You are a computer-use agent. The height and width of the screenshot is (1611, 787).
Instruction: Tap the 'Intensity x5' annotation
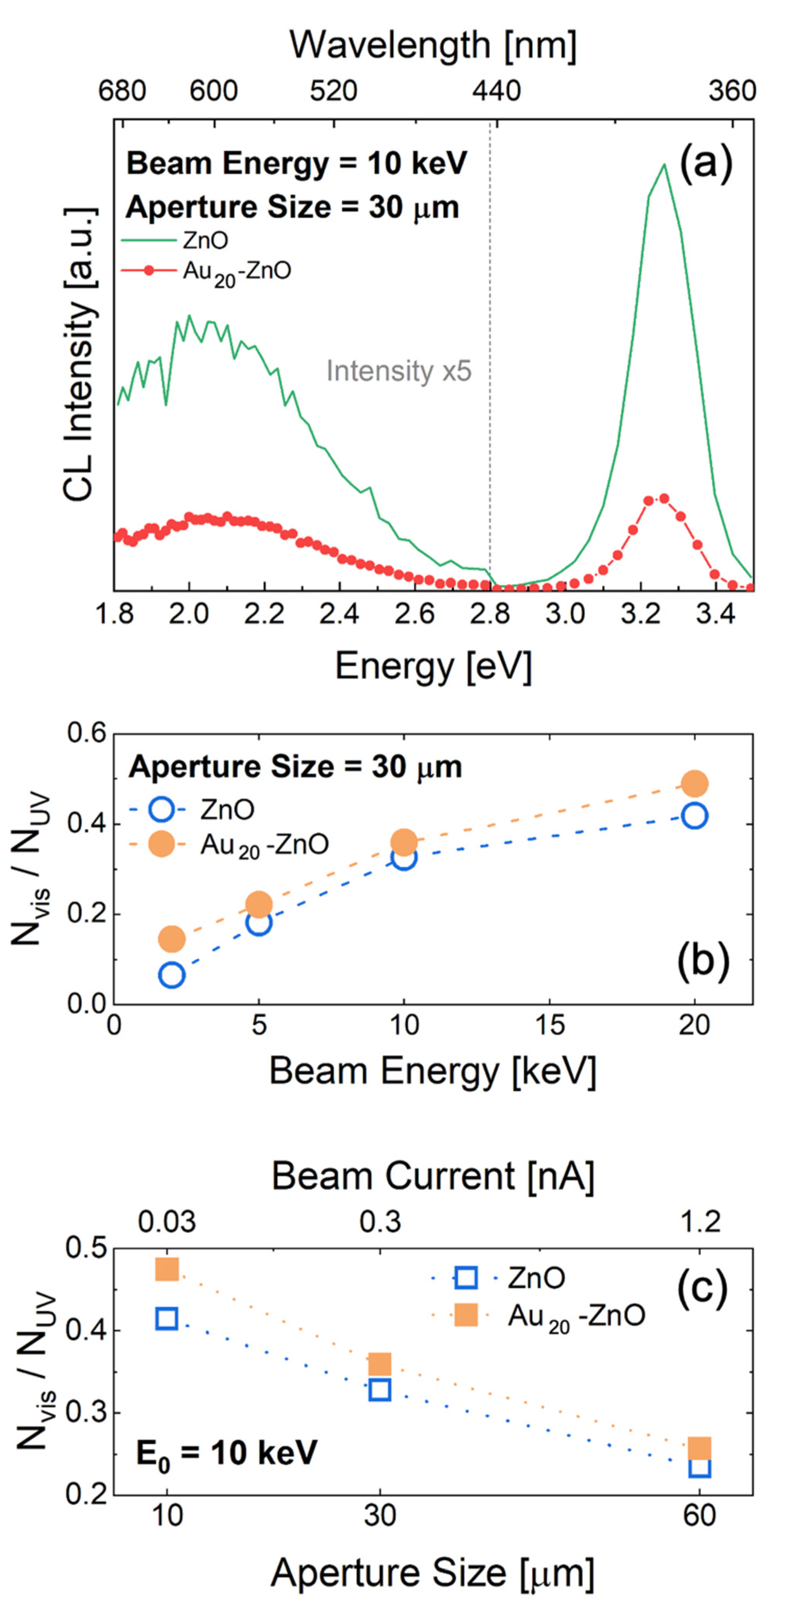point(398,371)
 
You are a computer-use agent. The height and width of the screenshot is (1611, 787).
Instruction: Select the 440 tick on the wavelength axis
point(496,91)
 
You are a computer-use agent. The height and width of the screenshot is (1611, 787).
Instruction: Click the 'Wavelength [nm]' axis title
point(433,46)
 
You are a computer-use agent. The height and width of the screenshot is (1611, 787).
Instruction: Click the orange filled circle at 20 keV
point(694,783)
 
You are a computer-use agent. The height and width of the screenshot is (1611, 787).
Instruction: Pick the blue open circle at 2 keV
point(172,975)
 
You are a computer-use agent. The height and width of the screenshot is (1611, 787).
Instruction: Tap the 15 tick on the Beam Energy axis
point(549,1025)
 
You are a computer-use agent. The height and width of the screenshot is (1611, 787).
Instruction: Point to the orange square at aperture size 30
point(380,1364)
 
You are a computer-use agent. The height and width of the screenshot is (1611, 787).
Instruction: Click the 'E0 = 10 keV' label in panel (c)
point(227,1453)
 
